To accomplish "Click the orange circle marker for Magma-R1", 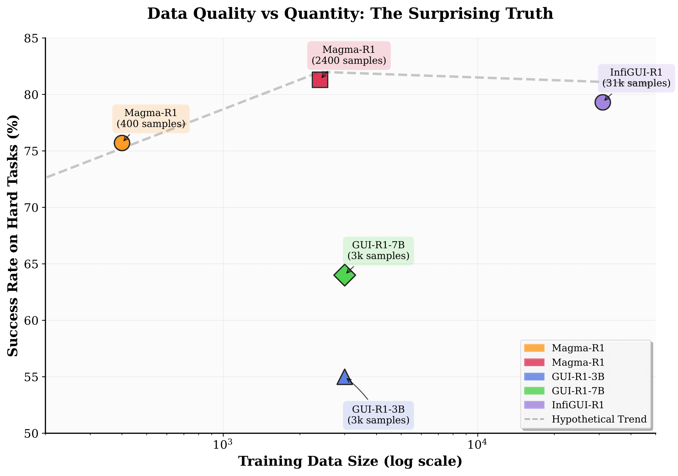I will (x=122, y=143).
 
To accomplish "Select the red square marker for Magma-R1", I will (x=320, y=80).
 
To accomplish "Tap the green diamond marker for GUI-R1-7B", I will (x=345, y=275).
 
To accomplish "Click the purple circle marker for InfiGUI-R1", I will (x=603, y=102).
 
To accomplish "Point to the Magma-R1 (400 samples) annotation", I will (x=151, y=118).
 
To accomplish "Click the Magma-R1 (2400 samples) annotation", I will (x=349, y=55).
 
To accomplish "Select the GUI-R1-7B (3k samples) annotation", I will (x=378, y=251).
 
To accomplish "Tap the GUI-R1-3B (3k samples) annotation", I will (x=378, y=415).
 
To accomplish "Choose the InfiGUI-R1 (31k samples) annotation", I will (x=636, y=78).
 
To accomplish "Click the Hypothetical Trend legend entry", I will (x=599, y=419).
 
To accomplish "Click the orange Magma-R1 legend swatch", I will (x=534, y=348).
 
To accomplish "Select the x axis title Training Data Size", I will (x=350, y=461).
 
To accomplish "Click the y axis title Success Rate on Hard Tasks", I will (x=13, y=236).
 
